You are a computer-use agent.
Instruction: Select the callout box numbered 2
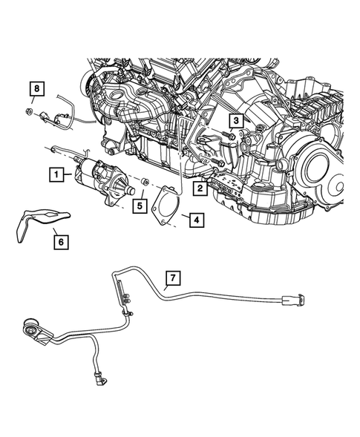pyautogui.click(x=200, y=189)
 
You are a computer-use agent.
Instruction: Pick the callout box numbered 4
pyautogui.click(x=194, y=220)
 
